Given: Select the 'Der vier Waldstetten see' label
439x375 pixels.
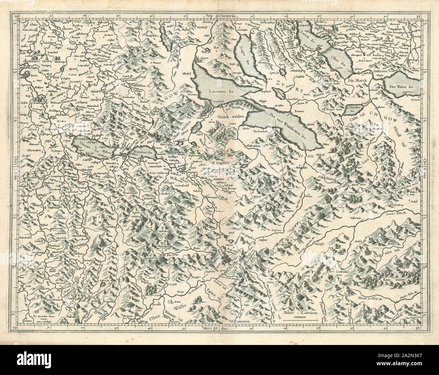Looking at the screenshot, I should click(x=286, y=123).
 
